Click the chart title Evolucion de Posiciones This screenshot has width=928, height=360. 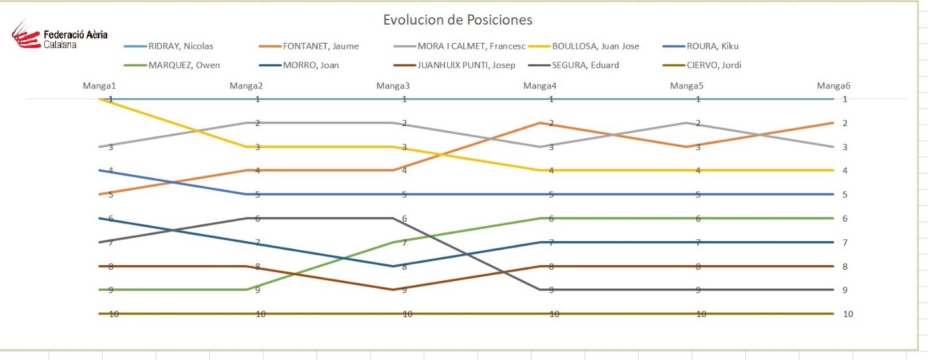tap(458, 19)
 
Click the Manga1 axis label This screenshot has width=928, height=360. tap(99, 85)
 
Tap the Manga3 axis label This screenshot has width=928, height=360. tap(393, 85)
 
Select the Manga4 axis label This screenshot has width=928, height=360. tap(539, 85)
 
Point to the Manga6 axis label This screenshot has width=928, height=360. tap(834, 85)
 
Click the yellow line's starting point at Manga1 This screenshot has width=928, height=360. tap(99, 99)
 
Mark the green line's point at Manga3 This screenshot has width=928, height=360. tap(393, 242)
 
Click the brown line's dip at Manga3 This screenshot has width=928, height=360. tap(393, 290)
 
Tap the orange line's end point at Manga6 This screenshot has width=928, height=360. tap(833, 123)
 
